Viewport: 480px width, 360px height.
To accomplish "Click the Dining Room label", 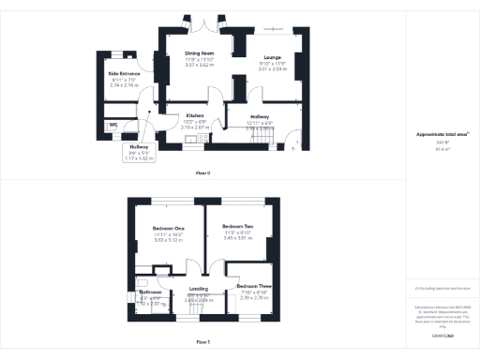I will (200, 54).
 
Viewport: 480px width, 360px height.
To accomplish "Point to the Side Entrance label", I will (124, 73).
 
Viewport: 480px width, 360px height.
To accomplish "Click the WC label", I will (112, 124).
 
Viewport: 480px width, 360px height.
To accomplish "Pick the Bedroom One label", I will (169, 228).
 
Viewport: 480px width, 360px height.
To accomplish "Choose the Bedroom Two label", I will (238, 227).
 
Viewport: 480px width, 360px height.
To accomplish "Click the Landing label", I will (199, 289).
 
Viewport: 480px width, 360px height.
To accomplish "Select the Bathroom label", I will (151, 292).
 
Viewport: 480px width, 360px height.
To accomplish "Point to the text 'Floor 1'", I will (202, 341).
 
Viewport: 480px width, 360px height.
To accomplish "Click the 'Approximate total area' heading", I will (442, 135).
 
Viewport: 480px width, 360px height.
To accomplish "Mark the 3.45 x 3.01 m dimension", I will (238, 238).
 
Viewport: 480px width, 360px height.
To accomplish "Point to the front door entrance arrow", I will (297, 144).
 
